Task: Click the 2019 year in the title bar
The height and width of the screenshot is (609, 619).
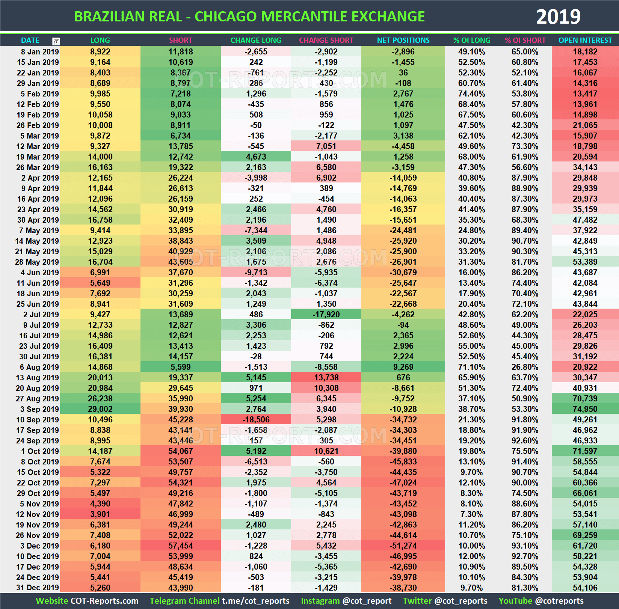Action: pos(558,17)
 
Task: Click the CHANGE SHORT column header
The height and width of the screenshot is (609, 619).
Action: pos(326,40)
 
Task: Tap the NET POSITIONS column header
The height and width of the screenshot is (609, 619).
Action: pos(403,40)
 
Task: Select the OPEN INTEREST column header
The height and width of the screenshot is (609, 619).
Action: pos(585,40)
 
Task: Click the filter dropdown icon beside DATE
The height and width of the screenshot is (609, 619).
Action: pos(56,41)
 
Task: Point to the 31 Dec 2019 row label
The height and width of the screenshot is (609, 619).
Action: pos(38,588)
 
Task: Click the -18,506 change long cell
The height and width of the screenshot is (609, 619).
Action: pos(256,419)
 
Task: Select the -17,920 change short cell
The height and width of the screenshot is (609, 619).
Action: pos(326,314)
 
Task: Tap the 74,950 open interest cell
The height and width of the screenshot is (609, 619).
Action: pos(585,409)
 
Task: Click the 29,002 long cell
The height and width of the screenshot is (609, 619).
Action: pos(100,409)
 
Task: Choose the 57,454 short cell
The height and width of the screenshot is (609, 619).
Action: pos(180,546)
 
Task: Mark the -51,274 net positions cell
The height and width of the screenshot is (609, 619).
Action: pos(403,546)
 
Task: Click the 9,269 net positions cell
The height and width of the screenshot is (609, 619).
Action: pos(403,367)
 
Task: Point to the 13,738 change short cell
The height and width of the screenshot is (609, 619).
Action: pos(326,377)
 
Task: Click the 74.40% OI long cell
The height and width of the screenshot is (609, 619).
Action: pos(471,94)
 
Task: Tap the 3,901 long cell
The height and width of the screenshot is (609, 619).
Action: pos(100,514)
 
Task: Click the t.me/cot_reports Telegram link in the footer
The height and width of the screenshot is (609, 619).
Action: pos(255,601)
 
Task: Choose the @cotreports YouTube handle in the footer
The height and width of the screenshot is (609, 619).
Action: pos(559,601)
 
